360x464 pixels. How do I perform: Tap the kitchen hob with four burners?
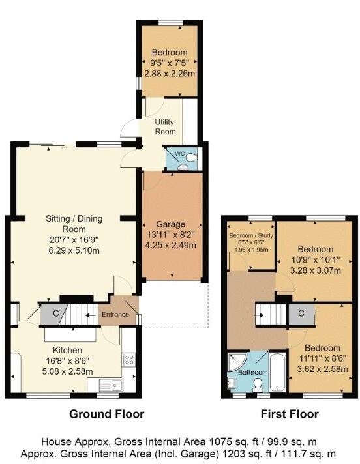coord(128,359)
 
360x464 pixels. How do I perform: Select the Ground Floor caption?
coord(107,414)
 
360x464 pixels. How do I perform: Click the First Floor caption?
coord(290,414)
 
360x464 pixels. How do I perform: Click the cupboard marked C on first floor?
coord(301,314)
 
